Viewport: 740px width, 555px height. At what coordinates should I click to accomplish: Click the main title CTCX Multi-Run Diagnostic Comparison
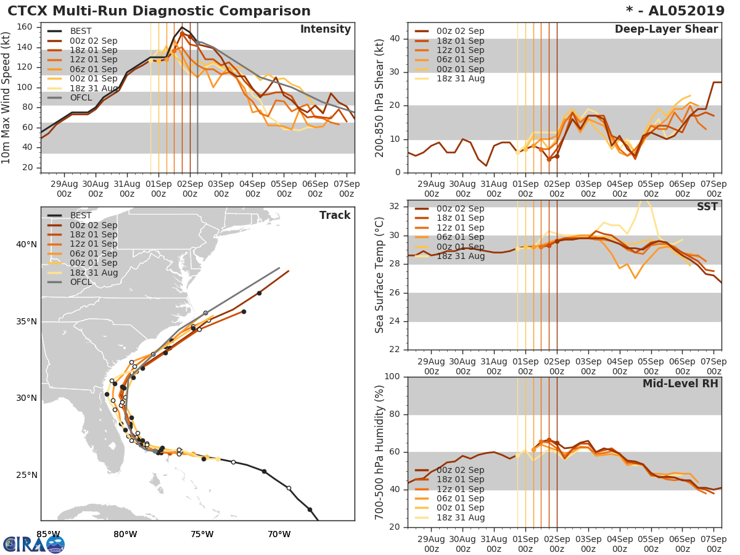click(x=159, y=11)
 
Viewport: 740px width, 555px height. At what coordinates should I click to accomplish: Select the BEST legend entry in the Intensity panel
click(x=80, y=31)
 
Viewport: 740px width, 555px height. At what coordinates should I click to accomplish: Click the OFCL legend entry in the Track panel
click(x=81, y=282)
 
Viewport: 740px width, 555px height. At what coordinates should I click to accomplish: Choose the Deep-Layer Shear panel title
click(x=666, y=30)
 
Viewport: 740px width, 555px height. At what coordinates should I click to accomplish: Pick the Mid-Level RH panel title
click(x=680, y=384)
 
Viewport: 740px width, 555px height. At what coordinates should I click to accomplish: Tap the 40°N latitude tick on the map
click(x=27, y=244)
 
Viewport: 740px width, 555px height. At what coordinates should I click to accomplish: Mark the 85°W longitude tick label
click(x=48, y=534)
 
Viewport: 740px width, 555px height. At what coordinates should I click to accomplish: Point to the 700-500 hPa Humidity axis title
click(x=379, y=452)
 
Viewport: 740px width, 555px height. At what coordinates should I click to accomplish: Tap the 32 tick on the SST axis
click(x=395, y=205)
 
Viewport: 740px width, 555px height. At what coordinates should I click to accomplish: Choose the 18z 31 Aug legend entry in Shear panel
click(x=460, y=78)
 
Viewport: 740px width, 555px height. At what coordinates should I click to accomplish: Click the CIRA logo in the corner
click(x=33, y=544)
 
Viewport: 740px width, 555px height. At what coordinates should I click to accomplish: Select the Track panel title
click(x=335, y=215)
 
